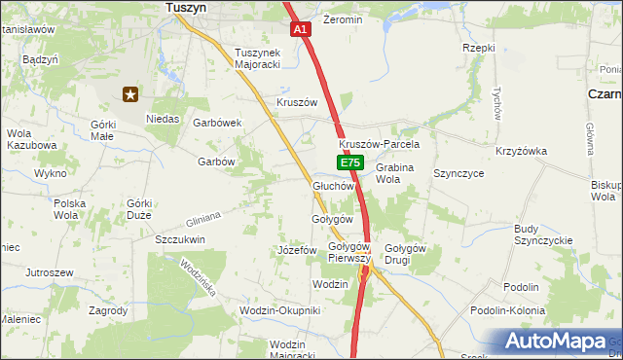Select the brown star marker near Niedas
click(x=130, y=94)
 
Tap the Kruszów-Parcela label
click(x=372, y=144)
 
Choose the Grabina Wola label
click(x=395, y=173)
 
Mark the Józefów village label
click(x=298, y=250)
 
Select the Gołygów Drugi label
click(x=406, y=254)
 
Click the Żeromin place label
click(x=343, y=19)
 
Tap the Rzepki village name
click(x=479, y=48)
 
